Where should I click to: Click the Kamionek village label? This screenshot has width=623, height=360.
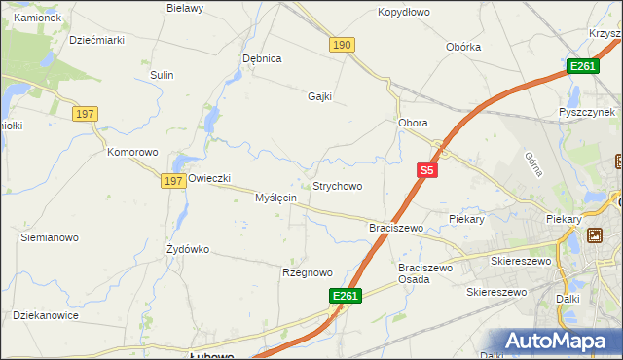coord(37,18)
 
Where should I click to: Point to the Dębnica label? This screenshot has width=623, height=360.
coord(262,58)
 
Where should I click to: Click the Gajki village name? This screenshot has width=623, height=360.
coord(320,96)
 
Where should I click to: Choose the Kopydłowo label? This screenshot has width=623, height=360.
coord(404,13)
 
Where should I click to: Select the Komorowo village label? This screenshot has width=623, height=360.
coord(132,152)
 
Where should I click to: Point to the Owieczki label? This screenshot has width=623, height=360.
coord(208,178)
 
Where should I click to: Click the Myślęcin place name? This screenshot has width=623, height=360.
coord(275,198)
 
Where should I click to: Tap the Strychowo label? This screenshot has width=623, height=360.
coord(337,186)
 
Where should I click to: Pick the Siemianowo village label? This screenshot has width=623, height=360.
coord(50,237)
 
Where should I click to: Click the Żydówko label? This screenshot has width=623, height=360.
coord(188,249)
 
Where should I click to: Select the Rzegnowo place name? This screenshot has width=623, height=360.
coord(308,272)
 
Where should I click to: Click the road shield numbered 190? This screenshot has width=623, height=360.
coord(342,45)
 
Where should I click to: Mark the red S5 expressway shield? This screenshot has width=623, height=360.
coord(426,170)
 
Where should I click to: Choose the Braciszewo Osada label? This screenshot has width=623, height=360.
coord(427,273)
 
